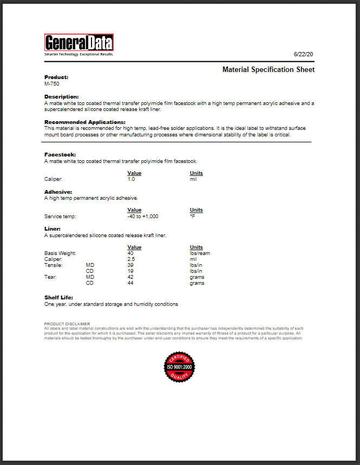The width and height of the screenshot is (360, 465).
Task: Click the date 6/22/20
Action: pos(304,55)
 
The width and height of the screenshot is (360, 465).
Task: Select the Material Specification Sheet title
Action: pos(269,70)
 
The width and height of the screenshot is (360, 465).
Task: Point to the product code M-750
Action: pos(52,84)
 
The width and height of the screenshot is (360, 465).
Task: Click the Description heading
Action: pos(61,96)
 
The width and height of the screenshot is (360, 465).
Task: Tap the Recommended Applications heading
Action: pos(84,122)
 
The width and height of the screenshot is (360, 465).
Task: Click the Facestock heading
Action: pos(60,155)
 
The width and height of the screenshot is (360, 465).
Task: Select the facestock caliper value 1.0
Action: pos(131,179)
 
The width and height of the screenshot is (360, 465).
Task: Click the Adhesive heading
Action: pos(58,192)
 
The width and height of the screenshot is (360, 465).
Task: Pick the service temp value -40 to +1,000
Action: pos(143,217)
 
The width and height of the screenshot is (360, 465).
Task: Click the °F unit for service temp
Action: pos(192,217)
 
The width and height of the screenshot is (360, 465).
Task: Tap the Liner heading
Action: pos(52,229)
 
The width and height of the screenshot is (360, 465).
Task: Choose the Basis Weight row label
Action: pos(60,253)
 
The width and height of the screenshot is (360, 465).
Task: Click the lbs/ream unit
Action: pos(199,253)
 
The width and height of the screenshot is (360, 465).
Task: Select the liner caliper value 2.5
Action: pos(131,259)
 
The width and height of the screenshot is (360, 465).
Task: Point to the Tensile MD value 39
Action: pos(130,265)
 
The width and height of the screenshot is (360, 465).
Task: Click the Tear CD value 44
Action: pos(130,283)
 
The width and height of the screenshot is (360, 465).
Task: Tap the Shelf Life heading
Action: pos(58,298)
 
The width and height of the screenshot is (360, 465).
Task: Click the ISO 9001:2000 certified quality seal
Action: pos(179,366)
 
